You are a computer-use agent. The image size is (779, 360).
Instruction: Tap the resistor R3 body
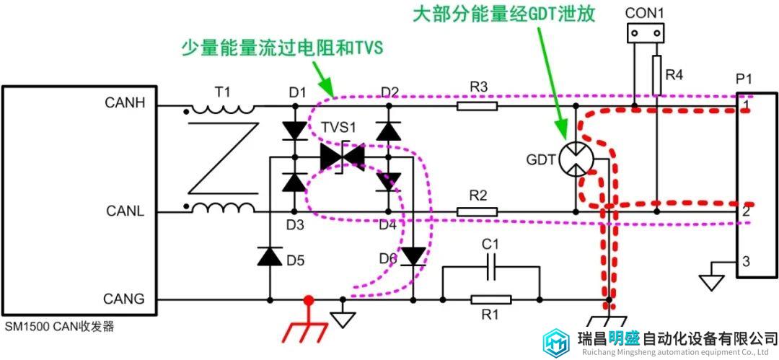pos(477,105)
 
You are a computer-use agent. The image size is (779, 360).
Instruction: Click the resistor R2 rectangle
pos(477,212)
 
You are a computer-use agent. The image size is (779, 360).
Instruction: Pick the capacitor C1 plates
pos(491,267)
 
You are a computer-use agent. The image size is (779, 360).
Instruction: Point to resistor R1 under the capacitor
pos(491,299)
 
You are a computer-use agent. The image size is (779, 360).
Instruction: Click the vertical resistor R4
pos(657,75)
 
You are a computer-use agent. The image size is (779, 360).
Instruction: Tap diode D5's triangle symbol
pos(270,255)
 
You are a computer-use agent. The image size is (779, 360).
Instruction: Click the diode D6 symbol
pos(413,257)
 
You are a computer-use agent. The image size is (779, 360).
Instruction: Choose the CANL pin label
pos(126,211)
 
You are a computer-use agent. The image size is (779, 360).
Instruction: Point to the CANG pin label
pos(124,299)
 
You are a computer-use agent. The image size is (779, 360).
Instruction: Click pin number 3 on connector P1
pos(747,261)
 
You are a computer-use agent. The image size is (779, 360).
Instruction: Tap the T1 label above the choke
pos(223,92)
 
